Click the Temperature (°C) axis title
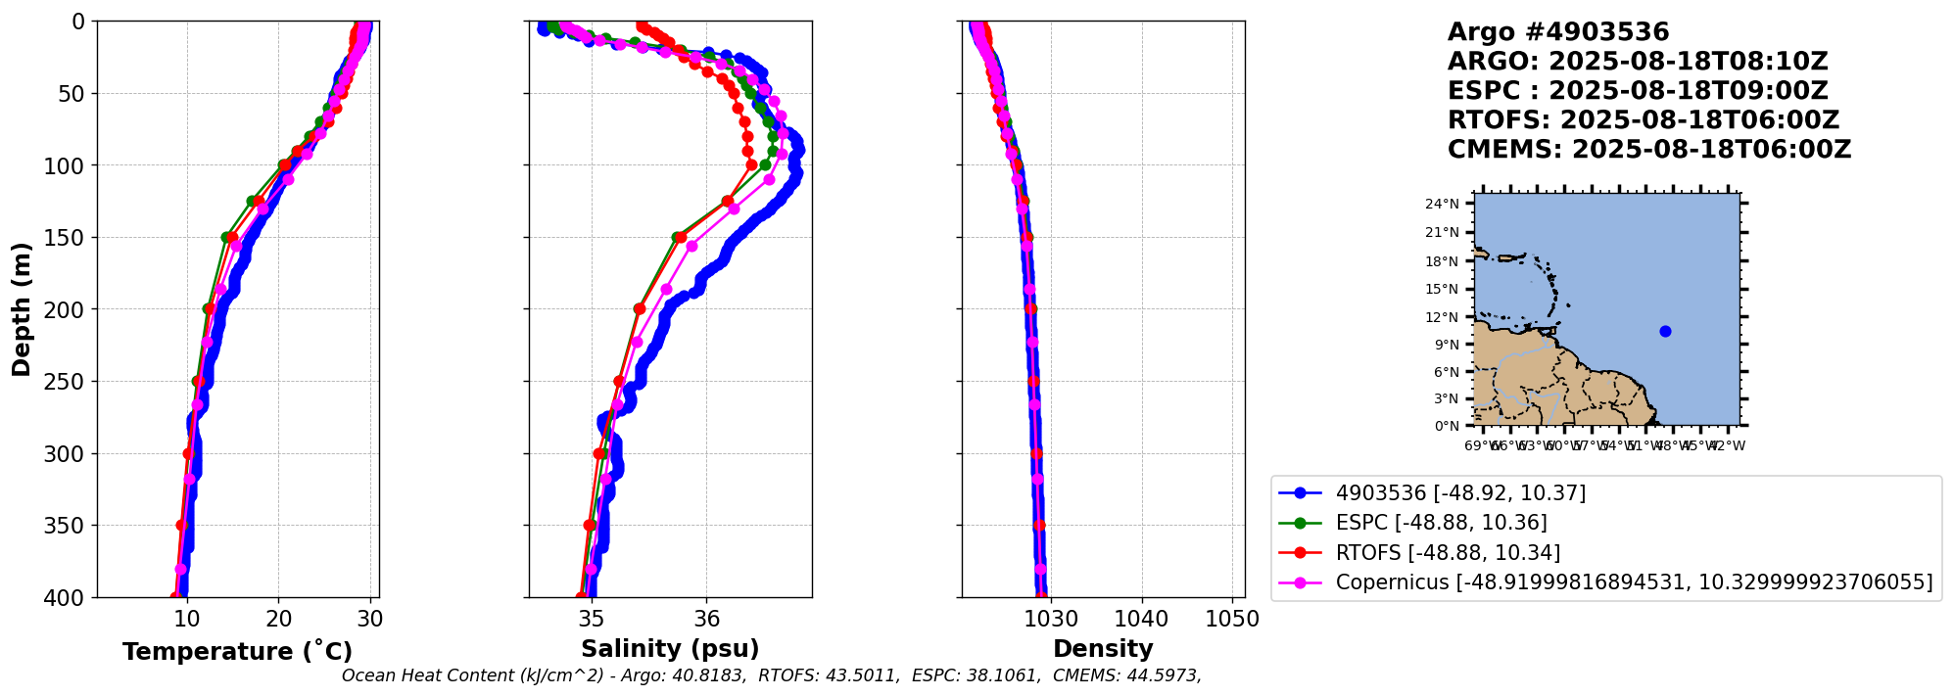click(237, 652)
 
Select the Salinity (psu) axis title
click(670, 649)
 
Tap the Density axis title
click(1103, 649)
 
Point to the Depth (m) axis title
click(22, 309)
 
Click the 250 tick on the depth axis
click(68, 382)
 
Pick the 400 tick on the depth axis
click(68, 597)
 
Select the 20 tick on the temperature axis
click(279, 619)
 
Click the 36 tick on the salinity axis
click(706, 619)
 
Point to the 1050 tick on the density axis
click(1232, 619)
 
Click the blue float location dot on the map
click(1665, 331)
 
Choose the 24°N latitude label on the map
click(1442, 205)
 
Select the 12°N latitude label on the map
click(1442, 317)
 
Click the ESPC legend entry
click(1441, 523)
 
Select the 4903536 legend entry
click(1460, 492)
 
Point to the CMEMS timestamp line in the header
click(1649, 150)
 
